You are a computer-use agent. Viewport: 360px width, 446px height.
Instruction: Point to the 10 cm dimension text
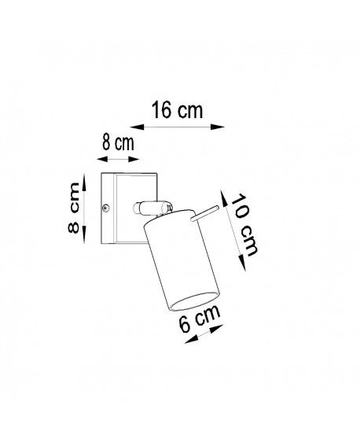point(244,223)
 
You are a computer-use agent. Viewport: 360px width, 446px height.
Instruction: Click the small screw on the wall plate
point(106,208)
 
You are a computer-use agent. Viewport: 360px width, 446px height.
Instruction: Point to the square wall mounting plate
point(130,208)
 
